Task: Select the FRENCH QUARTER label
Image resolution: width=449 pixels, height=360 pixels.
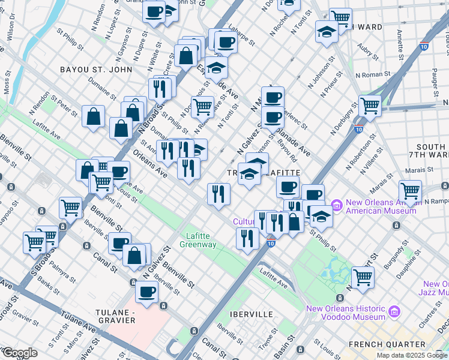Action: pos(388,344)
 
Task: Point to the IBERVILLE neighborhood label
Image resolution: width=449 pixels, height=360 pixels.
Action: pos(251,314)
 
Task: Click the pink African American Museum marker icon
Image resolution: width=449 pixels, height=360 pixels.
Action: pos(335,206)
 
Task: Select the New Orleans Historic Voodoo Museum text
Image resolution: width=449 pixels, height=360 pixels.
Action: pos(345,313)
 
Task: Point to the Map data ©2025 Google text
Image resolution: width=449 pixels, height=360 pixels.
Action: pos(412,355)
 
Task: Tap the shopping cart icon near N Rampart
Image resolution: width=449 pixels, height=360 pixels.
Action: pos(410,191)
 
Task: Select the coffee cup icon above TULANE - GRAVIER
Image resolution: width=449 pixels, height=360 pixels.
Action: pos(146,292)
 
